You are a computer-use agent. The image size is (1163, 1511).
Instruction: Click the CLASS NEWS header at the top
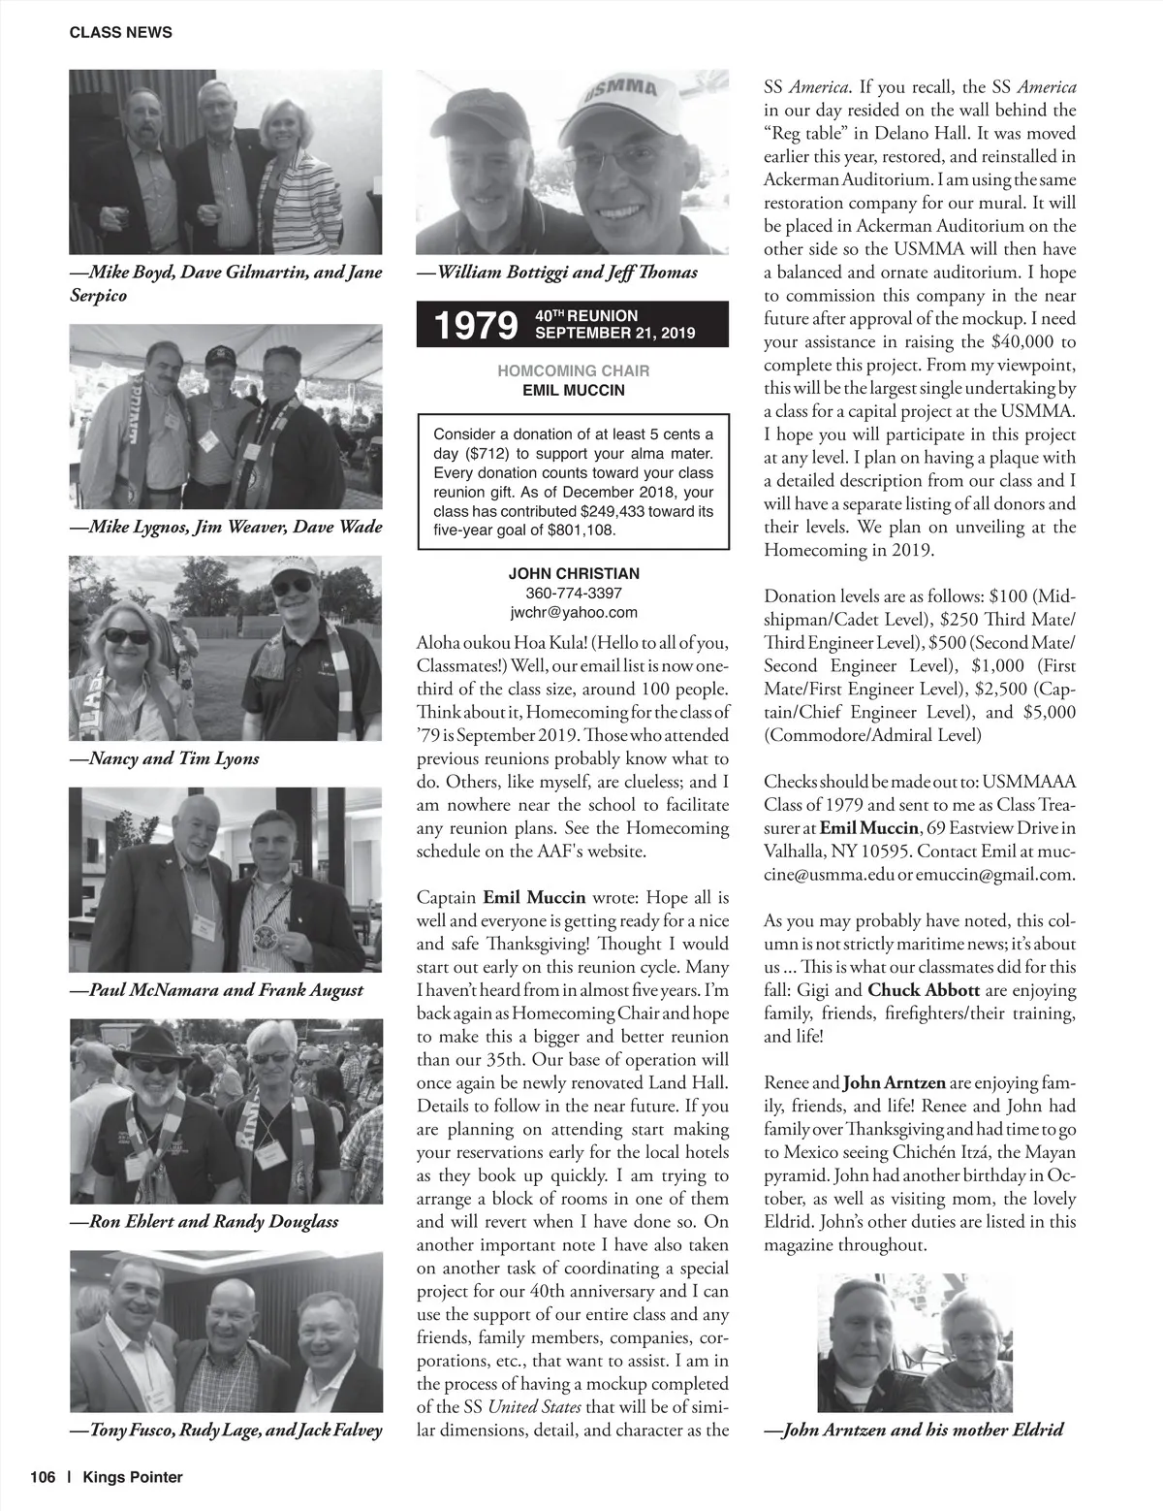(120, 32)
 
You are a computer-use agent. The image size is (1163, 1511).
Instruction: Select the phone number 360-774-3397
(574, 593)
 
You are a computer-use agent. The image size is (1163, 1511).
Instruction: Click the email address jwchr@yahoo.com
(574, 612)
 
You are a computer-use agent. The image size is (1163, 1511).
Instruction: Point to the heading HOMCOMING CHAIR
(574, 370)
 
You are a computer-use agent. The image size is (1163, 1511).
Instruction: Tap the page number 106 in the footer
(43, 1477)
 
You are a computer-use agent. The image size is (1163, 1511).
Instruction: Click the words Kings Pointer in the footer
(133, 1477)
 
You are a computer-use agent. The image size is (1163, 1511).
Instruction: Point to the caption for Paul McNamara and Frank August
(216, 990)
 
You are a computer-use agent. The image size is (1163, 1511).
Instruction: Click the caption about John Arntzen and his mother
(913, 1430)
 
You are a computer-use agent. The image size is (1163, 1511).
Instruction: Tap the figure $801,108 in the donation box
(581, 530)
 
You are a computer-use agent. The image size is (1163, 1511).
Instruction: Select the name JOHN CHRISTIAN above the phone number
(574, 573)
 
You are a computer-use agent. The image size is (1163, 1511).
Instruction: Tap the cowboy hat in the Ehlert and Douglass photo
(152, 1045)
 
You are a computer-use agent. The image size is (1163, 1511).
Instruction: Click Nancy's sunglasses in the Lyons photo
(127, 636)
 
